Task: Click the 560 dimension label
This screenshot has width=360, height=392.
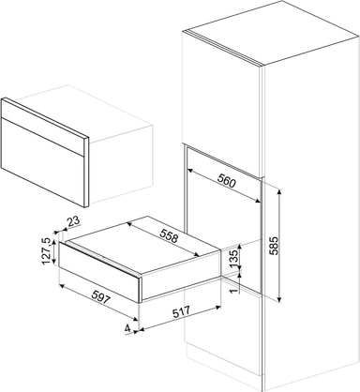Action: coord(226,181)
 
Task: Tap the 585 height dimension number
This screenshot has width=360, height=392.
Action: coord(273,246)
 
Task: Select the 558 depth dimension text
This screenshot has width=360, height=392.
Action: coord(169,235)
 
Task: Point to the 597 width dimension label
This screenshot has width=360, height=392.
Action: coord(101,297)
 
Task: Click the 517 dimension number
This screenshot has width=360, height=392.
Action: coord(181,311)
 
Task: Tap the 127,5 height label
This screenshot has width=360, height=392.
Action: coord(46,251)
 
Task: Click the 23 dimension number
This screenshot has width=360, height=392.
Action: coord(74,221)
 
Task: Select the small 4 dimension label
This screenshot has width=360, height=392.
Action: coord(127,328)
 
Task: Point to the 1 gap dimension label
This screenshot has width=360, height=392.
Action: coord(233,291)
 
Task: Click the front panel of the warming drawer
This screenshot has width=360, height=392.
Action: coord(99,271)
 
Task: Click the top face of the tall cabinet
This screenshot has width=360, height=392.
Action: coord(270,34)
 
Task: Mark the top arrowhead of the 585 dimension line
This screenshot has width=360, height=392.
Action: coord(279,191)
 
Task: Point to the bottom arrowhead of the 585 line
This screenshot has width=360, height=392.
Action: coord(279,300)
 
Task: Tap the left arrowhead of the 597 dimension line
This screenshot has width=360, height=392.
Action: coord(62,286)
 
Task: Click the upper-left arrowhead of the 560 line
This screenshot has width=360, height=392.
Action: coord(190,170)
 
